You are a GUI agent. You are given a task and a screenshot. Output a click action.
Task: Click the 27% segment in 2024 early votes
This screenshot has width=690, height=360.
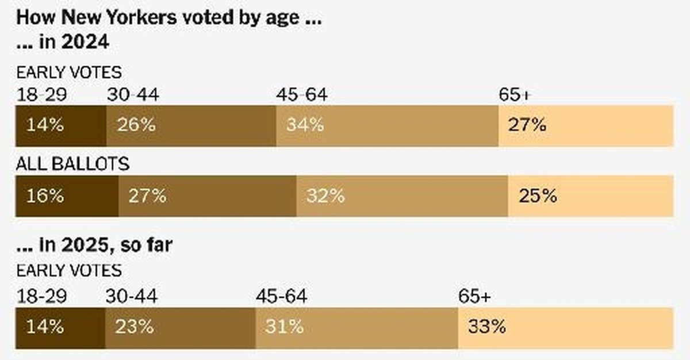coord(585,125)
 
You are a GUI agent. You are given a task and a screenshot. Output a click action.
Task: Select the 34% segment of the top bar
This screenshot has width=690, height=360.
coord(387,125)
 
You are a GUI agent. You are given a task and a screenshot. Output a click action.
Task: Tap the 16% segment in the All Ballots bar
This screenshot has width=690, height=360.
coord(67,196)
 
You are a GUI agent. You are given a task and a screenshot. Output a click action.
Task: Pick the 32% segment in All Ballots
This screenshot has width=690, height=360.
coord(402,196)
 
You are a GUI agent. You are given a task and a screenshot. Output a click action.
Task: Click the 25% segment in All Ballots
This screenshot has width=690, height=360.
coord(591,196)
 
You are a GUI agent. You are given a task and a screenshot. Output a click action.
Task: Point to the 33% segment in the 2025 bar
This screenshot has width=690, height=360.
coord(565,328)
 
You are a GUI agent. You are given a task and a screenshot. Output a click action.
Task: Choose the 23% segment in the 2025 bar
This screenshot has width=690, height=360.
coord(181,328)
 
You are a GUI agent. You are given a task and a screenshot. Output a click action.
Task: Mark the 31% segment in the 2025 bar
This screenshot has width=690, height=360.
coord(356,328)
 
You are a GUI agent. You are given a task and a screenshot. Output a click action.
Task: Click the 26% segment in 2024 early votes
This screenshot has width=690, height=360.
coord(191,125)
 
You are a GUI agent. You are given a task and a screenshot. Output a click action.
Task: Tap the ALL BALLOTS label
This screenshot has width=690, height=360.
coord(72,164)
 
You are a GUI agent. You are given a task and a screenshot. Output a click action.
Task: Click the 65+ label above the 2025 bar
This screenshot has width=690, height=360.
coord(474,297)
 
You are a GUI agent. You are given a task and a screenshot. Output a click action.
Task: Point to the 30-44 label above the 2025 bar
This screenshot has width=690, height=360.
coord(131,297)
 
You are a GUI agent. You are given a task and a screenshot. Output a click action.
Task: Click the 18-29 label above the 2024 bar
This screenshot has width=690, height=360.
coord(42,95)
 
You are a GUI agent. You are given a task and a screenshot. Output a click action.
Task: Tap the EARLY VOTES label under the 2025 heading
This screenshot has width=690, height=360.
coord(69,270)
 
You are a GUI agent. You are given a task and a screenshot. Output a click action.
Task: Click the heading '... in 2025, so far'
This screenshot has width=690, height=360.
coord(95,246)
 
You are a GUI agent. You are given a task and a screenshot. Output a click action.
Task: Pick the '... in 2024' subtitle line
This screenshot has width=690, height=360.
coord(63,43)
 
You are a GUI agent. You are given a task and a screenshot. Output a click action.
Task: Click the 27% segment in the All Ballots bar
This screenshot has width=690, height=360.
coord(208,196)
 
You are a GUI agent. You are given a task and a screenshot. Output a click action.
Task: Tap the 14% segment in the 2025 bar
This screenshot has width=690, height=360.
coord(60,328)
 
